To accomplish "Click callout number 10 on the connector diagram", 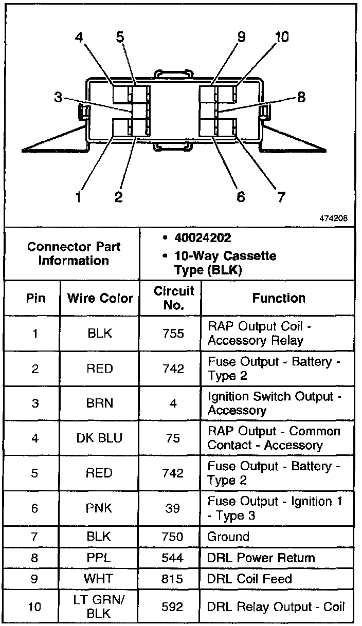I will [281, 37].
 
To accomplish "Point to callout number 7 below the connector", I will [281, 197].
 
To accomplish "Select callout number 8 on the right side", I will [301, 97].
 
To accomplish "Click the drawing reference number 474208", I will [333, 218].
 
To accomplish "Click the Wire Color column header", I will [100, 298].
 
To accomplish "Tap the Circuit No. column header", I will [173, 298].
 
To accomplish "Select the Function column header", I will [279, 298].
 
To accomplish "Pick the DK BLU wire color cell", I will [100, 438].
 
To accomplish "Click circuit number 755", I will [173, 334].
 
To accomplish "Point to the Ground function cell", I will [228, 537].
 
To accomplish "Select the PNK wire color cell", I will [100, 508].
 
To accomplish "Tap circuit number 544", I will [173, 558].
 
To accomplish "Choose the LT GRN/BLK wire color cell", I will [100, 606].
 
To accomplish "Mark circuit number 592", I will [173, 607].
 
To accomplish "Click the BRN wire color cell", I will [100, 403].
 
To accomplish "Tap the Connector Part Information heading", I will [74, 253].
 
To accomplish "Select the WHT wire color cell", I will [100, 579].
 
